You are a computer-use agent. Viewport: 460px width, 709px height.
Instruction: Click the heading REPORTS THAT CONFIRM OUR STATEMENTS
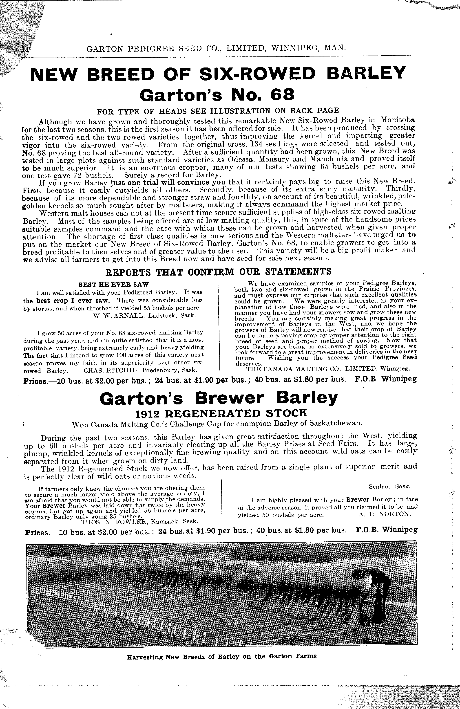tap(218, 272)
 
